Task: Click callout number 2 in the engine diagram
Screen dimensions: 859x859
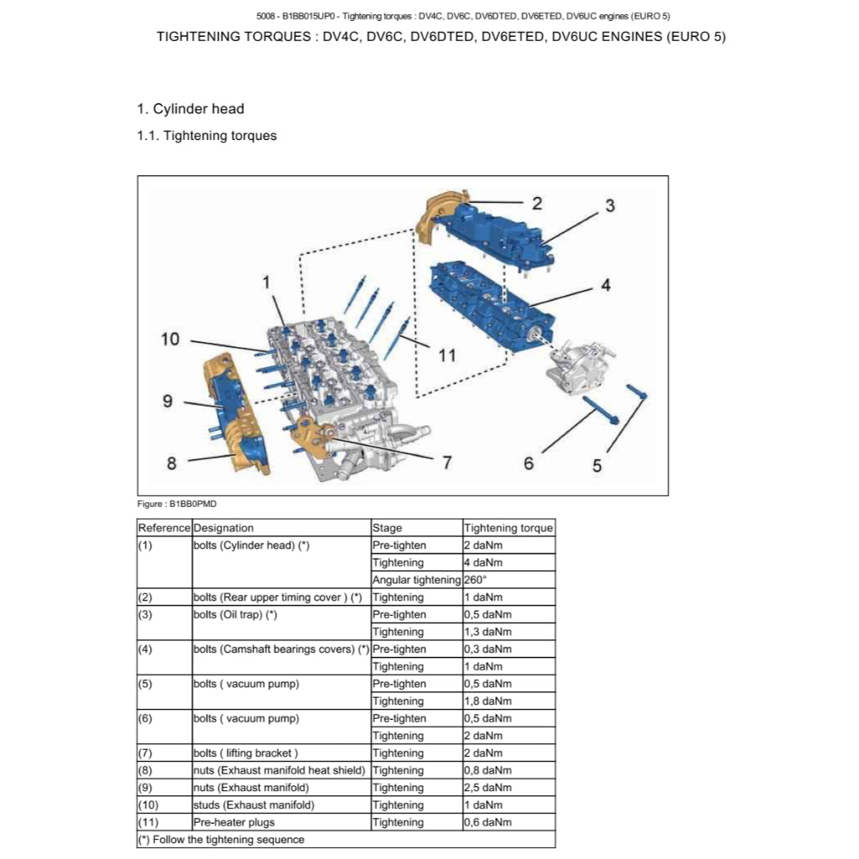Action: (537, 202)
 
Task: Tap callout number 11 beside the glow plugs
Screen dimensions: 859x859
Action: (447, 355)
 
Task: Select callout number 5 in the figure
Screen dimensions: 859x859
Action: (597, 466)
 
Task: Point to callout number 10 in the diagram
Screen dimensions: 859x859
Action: (170, 339)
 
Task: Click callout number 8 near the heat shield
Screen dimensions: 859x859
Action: (171, 462)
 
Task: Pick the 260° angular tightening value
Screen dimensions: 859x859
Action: (476, 580)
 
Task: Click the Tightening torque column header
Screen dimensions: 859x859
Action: (508, 528)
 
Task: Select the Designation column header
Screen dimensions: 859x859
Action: (223, 528)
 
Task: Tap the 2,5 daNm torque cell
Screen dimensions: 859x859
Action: (487, 788)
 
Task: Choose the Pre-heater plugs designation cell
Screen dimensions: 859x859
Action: (234, 822)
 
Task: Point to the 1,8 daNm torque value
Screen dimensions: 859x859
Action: (487, 701)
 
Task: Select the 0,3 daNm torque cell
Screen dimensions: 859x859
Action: (487, 649)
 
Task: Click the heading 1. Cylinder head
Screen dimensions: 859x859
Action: (190, 108)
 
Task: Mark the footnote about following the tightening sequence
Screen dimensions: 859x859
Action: (221, 839)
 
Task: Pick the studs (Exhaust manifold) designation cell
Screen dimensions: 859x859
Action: (254, 805)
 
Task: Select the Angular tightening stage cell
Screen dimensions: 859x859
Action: (416, 580)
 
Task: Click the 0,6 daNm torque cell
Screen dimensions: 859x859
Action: (487, 822)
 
